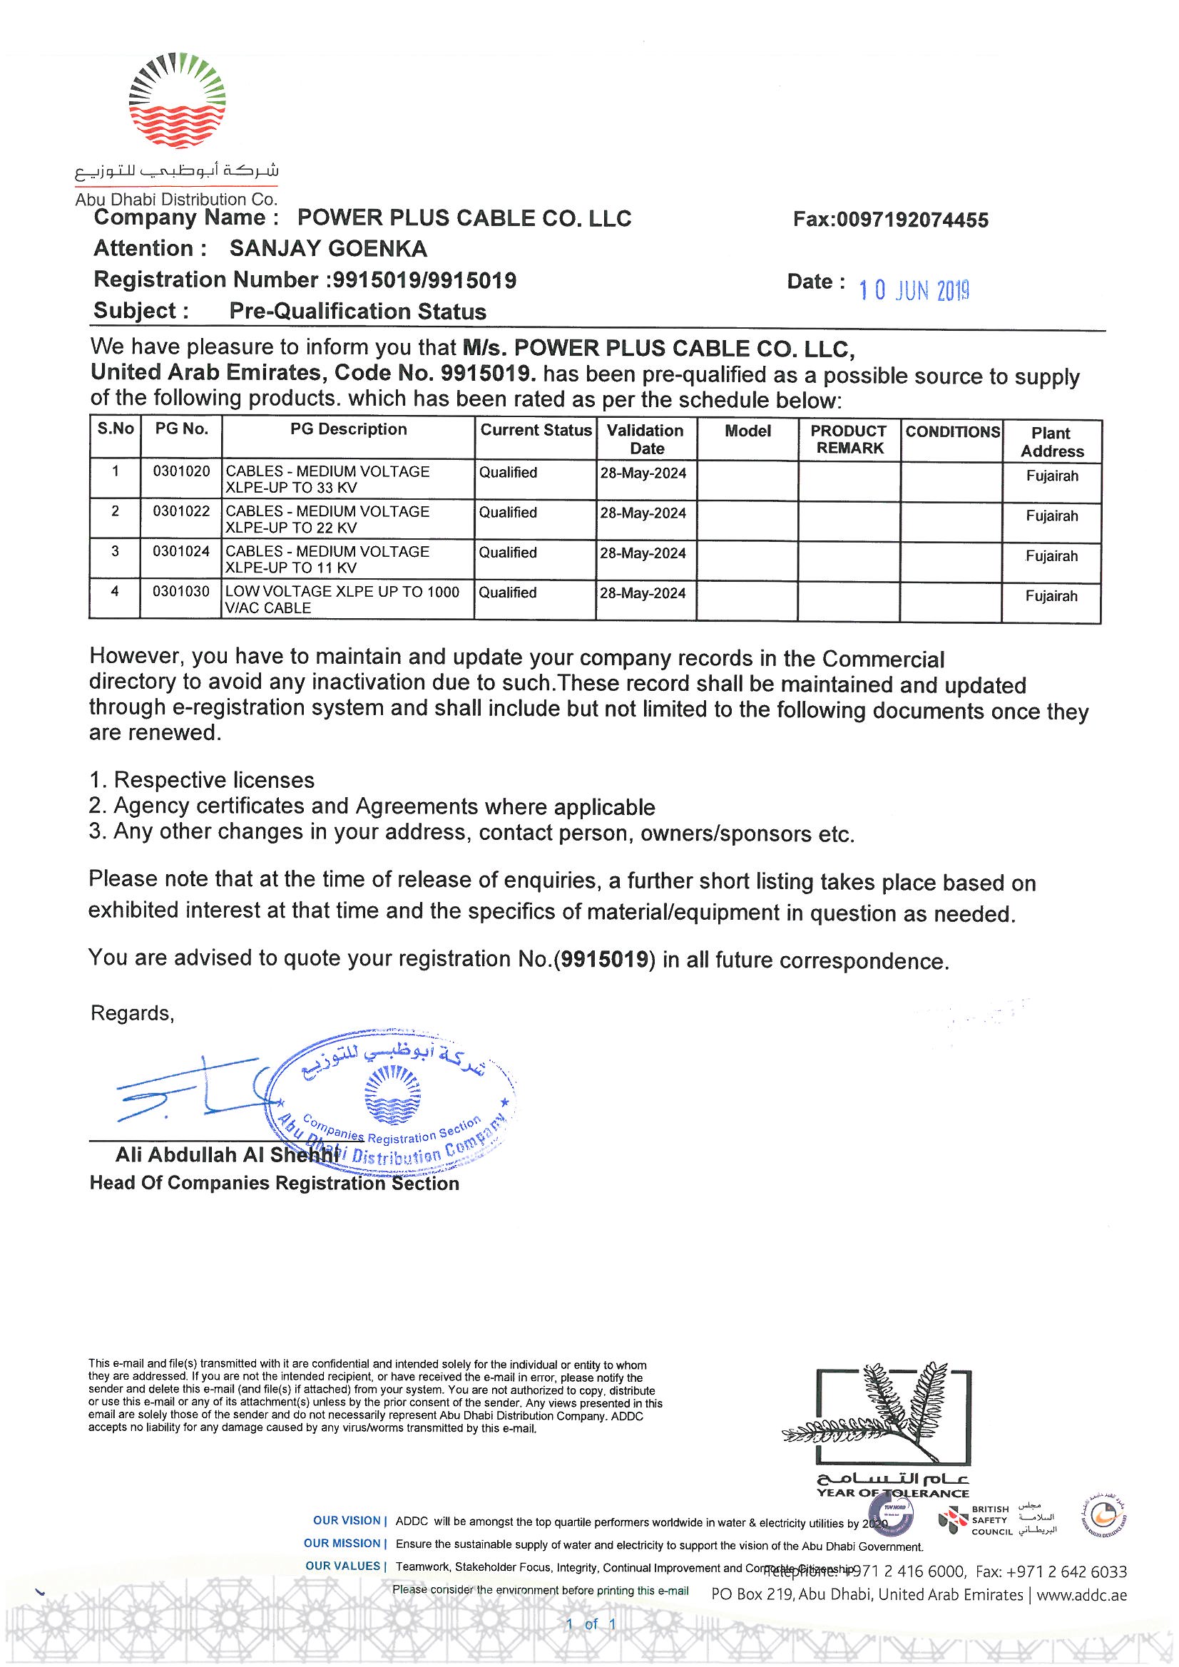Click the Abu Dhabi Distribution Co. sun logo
coord(176,102)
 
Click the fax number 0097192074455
coord(891,220)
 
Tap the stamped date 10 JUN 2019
coord(914,290)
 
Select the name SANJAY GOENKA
coord(328,249)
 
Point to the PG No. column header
coord(182,429)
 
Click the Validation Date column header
coord(645,439)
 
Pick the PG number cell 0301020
coord(182,471)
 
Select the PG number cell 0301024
coord(182,551)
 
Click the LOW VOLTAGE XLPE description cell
coord(343,600)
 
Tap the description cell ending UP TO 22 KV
coord(328,519)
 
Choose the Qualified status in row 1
coord(508,473)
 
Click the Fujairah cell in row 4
coord(1051,596)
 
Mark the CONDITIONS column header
coord(951,432)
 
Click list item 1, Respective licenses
coord(202,781)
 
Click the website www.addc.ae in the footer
coord(1082,1595)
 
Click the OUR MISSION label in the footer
coord(342,1543)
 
